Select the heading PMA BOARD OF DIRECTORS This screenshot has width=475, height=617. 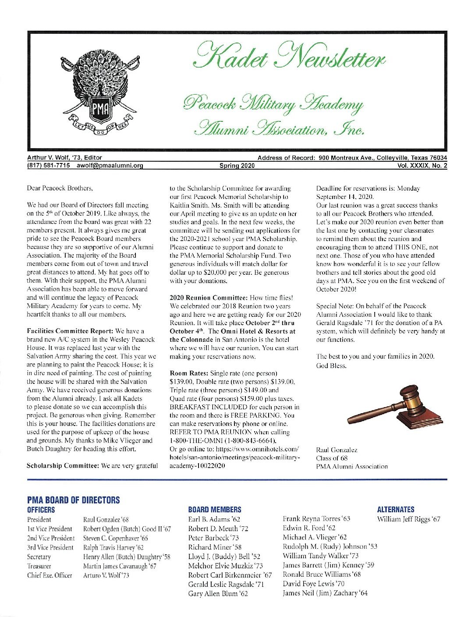pyautogui.click(x=73, y=500)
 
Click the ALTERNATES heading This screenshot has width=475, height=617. pyautogui.click(x=395, y=509)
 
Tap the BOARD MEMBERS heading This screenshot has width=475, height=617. pyautogui.click(x=214, y=510)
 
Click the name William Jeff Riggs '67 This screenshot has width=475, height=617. pyautogui.click(x=409, y=519)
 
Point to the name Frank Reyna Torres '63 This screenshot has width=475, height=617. pyautogui.click(x=316, y=519)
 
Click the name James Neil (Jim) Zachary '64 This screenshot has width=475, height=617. pyautogui.click(x=325, y=593)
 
